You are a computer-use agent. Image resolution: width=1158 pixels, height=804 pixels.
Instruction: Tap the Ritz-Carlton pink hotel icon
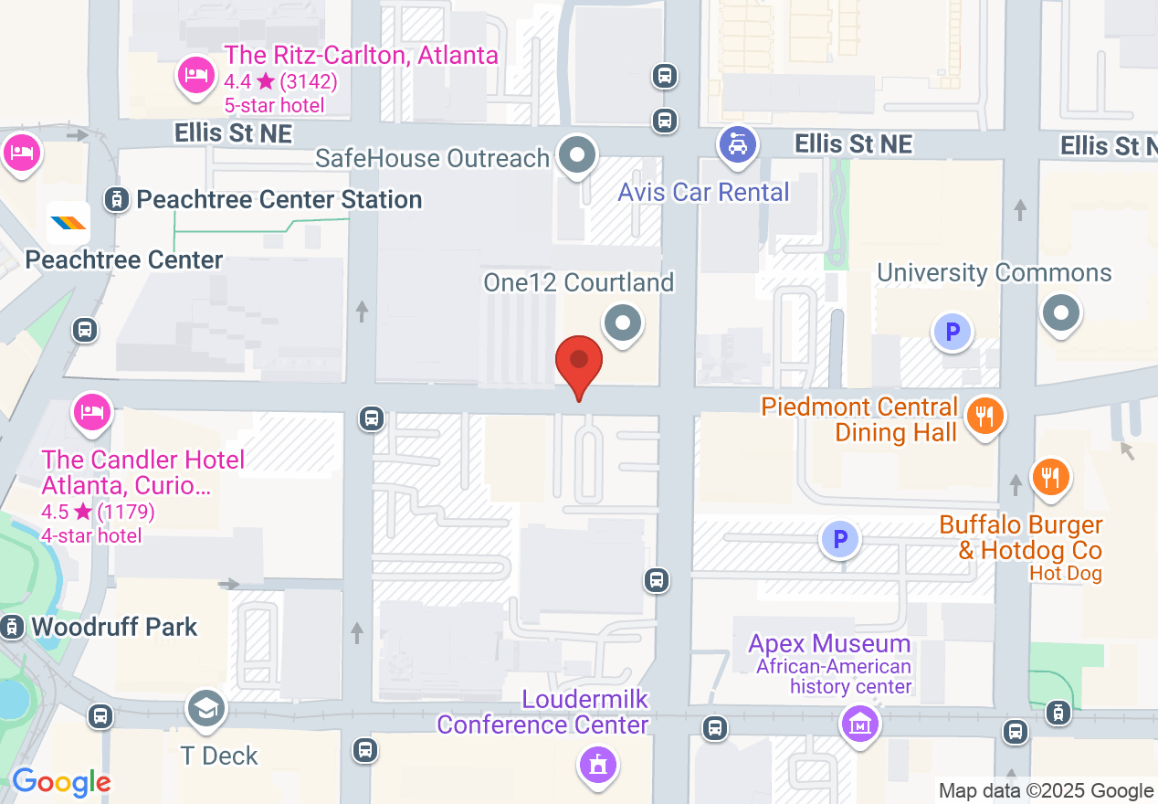click(195, 75)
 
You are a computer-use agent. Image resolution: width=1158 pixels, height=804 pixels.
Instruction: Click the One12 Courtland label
click(579, 282)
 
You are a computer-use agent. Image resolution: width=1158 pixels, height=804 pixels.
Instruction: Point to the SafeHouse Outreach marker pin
click(577, 154)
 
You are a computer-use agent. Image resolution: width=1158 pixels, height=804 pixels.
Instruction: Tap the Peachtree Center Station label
click(279, 199)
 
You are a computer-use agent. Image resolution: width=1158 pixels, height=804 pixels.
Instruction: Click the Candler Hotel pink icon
click(92, 412)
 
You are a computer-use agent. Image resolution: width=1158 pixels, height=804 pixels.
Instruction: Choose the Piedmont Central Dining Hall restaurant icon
click(984, 417)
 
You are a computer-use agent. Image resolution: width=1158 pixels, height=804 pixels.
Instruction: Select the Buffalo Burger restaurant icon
click(1050, 477)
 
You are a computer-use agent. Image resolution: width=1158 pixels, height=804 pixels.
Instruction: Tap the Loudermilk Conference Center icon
click(598, 764)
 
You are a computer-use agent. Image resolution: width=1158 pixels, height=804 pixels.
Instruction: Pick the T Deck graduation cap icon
click(206, 708)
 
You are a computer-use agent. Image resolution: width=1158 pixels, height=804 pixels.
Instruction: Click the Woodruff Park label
click(114, 627)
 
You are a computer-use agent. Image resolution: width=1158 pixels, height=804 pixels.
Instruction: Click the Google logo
click(60, 783)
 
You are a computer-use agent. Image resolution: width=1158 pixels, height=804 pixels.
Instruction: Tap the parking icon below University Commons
click(953, 332)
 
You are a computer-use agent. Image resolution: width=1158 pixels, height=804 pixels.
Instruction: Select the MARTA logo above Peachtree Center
click(68, 223)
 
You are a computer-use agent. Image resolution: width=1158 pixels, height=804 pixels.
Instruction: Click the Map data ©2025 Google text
click(1046, 790)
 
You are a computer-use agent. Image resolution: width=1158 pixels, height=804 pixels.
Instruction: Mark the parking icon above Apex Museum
click(839, 540)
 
